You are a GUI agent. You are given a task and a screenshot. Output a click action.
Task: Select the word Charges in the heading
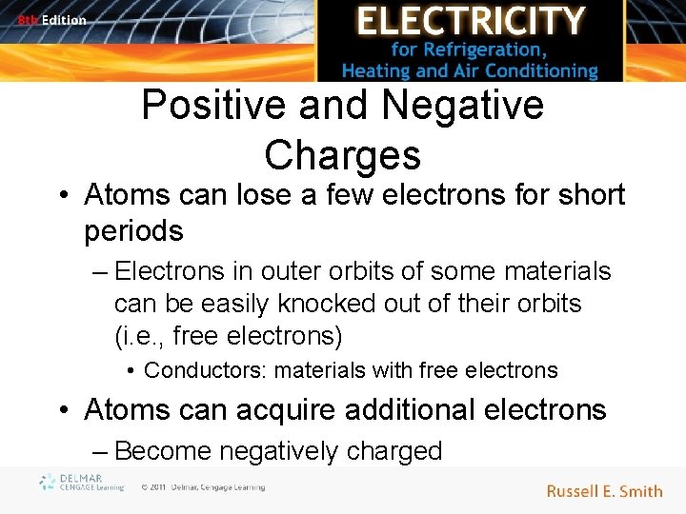click(x=342, y=154)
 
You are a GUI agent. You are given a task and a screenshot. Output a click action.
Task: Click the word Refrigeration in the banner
click(x=520, y=49)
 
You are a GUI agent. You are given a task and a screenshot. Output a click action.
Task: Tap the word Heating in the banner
click(x=377, y=70)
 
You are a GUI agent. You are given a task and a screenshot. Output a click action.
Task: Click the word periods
click(x=132, y=230)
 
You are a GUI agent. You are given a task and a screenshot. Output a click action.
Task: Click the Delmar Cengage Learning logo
click(x=82, y=483)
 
